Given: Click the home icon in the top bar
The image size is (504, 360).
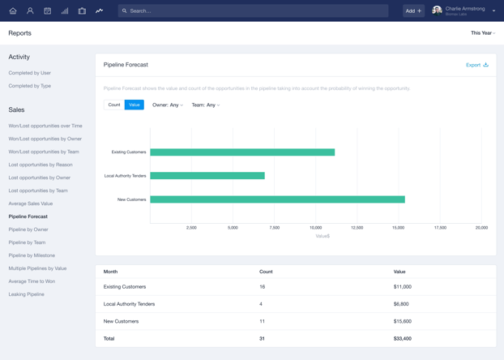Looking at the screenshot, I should coord(13,11).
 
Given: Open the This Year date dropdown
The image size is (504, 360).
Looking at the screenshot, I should coord(483,33).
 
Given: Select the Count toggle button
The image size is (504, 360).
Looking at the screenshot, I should coord(114,105).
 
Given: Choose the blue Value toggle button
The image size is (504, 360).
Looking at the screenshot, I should coord(135,105).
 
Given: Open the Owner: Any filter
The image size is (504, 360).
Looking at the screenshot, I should coord(168,105).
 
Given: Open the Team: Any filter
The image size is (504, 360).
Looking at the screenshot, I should coord(206,105).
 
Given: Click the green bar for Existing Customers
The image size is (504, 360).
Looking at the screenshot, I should coord(242,152).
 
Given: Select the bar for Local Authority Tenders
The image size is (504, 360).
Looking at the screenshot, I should coord(207,175).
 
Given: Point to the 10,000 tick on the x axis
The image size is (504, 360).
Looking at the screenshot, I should coord(315,228).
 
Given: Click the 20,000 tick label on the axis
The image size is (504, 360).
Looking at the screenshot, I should coord(481,228).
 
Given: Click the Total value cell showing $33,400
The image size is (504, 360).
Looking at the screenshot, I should coord(403,338).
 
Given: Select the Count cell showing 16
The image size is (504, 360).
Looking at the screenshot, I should coord(263,286).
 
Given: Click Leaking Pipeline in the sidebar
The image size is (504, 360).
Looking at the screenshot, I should coord(27,294).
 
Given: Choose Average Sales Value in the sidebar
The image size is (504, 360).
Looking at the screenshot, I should coord(31,204).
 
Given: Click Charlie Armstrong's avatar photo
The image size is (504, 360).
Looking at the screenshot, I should coord(437,11).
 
